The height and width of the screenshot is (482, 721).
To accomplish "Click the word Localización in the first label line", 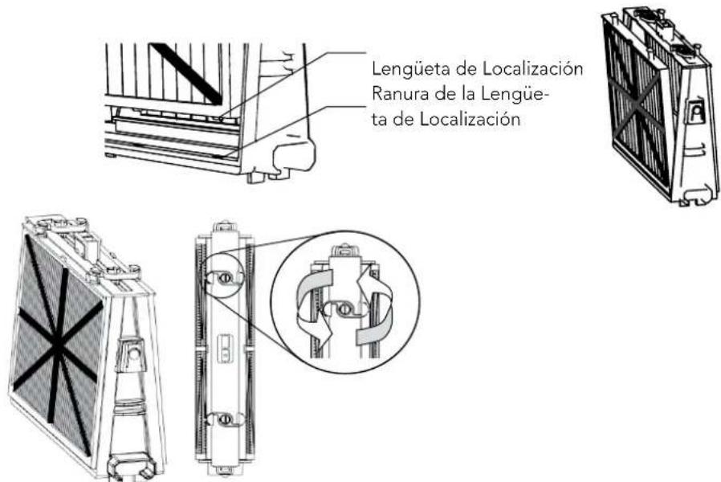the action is click(x=533, y=69).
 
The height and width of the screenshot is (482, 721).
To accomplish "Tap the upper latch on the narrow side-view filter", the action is click(x=225, y=278).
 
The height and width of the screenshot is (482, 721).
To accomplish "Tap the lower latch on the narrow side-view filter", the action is click(x=225, y=419).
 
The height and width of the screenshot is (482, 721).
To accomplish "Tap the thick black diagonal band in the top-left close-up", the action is click(x=186, y=74).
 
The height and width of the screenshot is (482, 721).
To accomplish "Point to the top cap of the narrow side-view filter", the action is click(x=225, y=227).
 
